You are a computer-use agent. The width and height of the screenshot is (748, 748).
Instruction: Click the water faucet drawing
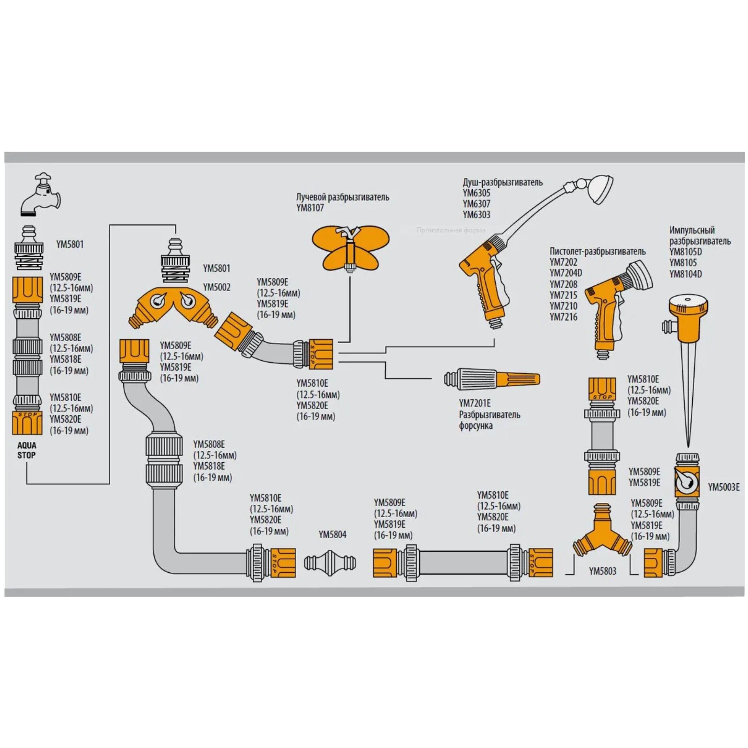tap(40, 194)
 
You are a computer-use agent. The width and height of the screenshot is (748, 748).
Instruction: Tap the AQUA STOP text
tap(26, 450)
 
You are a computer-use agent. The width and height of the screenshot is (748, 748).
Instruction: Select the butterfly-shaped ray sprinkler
tap(350, 248)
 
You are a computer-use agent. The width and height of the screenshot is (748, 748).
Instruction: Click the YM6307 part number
tap(476, 203)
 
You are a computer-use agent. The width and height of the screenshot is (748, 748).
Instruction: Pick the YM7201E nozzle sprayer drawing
tap(492, 379)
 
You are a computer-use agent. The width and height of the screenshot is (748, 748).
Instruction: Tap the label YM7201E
tap(475, 403)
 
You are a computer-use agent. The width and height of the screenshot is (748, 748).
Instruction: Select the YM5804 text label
tap(332, 535)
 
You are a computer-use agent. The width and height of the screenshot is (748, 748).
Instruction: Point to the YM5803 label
tap(602, 571)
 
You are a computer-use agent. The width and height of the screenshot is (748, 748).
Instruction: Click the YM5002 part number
tap(216, 287)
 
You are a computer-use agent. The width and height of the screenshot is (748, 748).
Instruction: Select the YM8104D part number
tap(685, 274)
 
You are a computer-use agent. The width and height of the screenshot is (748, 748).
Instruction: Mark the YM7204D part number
tap(566, 273)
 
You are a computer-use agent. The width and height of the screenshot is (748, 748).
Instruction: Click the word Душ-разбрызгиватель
tap(502, 182)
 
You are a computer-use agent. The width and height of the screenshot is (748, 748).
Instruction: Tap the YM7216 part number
tap(563, 317)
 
